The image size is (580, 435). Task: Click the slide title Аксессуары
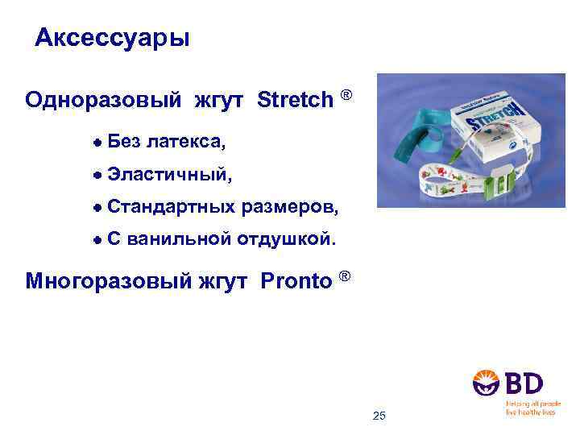pyautogui.click(x=113, y=38)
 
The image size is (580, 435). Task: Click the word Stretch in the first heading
pyautogui.click(x=295, y=100)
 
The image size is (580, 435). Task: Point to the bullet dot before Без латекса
pyautogui.click(x=97, y=142)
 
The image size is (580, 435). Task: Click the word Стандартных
pyautogui.click(x=172, y=207)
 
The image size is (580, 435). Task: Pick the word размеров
pyautogui.click(x=291, y=207)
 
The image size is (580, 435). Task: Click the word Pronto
pyautogui.click(x=296, y=281)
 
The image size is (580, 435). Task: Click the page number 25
pyautogui.click(x=380, y=416)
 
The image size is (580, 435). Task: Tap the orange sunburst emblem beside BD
pyautogui.click(x=487, y=383)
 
